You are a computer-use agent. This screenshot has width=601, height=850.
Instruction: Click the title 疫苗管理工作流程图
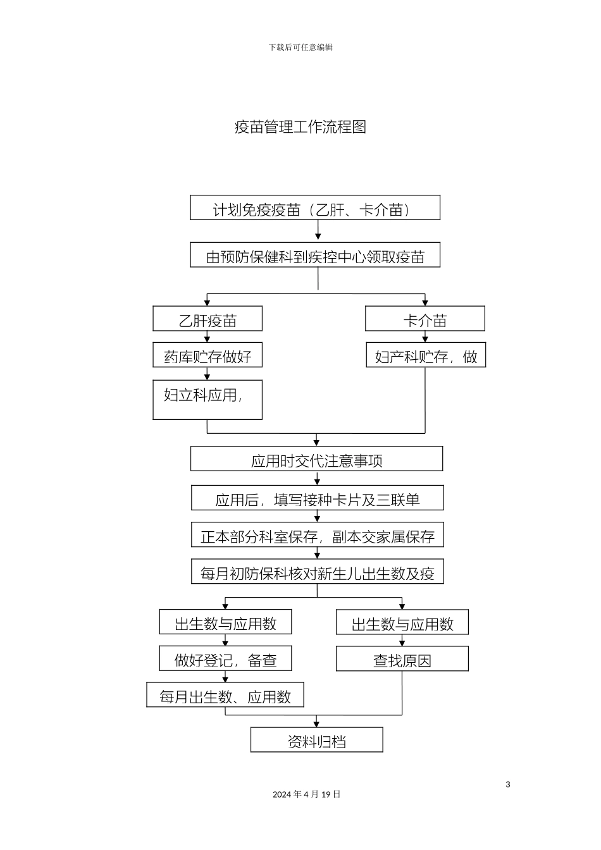300,127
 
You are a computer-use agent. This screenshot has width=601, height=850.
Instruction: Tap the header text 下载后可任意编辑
300,47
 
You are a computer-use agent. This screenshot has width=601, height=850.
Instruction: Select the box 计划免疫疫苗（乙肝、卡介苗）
315,208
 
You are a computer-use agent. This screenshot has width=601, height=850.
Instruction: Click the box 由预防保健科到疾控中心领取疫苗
315,256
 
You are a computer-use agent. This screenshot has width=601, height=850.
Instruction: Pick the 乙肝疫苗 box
208,319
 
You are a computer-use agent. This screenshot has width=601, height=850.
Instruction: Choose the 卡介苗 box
425,319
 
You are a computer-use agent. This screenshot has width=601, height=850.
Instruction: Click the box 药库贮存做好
208,355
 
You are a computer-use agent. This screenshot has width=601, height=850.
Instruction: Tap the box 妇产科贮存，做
426,355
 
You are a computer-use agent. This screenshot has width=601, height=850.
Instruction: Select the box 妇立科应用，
208,400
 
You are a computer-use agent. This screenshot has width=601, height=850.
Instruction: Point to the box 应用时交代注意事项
316,459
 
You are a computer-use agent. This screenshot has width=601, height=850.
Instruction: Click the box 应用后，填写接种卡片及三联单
318,498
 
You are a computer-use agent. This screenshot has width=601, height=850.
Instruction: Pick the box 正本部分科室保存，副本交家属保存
318,535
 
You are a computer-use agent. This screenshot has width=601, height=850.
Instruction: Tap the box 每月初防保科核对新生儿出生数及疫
318,572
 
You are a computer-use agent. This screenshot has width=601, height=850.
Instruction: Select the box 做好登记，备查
226,659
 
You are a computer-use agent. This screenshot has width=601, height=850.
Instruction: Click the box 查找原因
402,659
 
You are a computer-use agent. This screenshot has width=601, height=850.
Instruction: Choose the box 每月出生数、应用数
225,695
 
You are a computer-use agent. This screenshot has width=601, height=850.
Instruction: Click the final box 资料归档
316,740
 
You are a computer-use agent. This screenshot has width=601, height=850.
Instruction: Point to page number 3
508,785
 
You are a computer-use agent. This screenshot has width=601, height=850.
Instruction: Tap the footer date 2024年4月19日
307,794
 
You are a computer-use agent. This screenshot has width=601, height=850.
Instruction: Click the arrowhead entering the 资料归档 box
317,724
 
